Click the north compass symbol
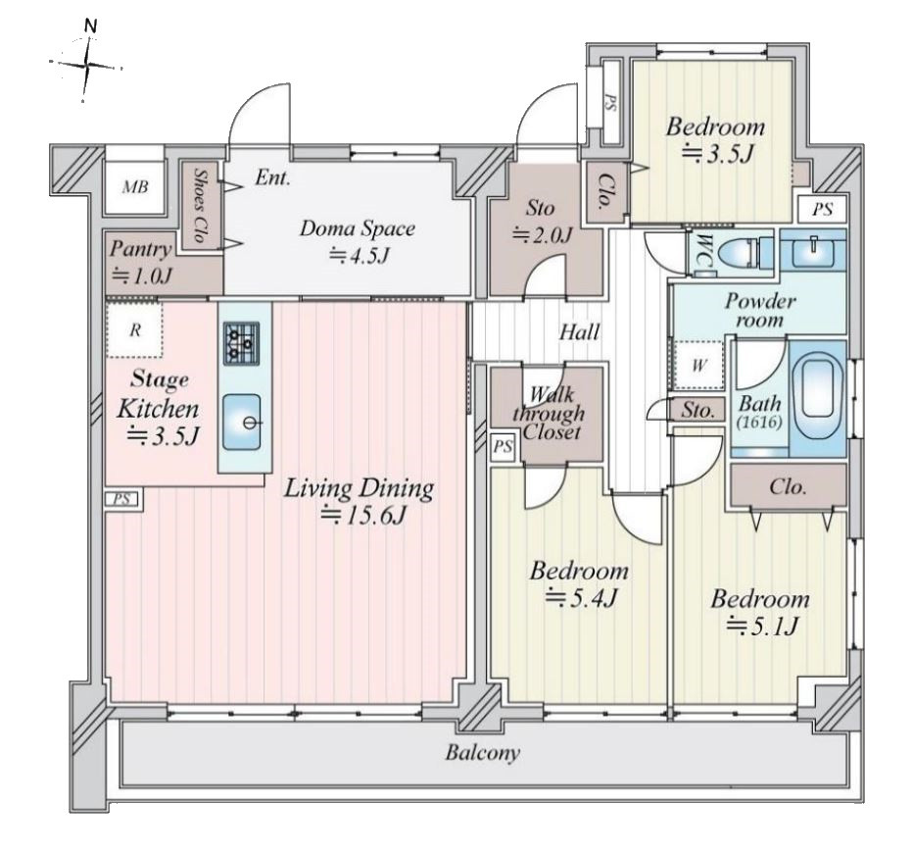click(87, 62)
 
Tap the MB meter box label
click(135, 187)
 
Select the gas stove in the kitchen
click(241, 343)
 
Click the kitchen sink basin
click(242, 423)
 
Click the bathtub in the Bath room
click(817, 397)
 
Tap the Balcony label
click(482, 753)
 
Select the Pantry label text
click(141, 250)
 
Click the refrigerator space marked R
click(135, 330)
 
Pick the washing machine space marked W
click(699, 366)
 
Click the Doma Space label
click(358, 227)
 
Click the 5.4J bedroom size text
click(580, 598)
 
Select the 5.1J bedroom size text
click(761, 627)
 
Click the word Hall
click(579, 332)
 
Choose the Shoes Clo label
click(200, 205)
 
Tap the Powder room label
click(760, 310)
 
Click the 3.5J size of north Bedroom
click(717, 154)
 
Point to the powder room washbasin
click(812, 249)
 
